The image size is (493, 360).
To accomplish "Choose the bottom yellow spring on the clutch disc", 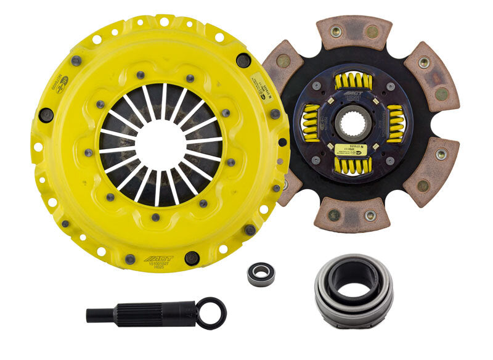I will pyautogui.click(x=353, y=165).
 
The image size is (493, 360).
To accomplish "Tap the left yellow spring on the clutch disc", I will pyautogui.click(x=310, y=123).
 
